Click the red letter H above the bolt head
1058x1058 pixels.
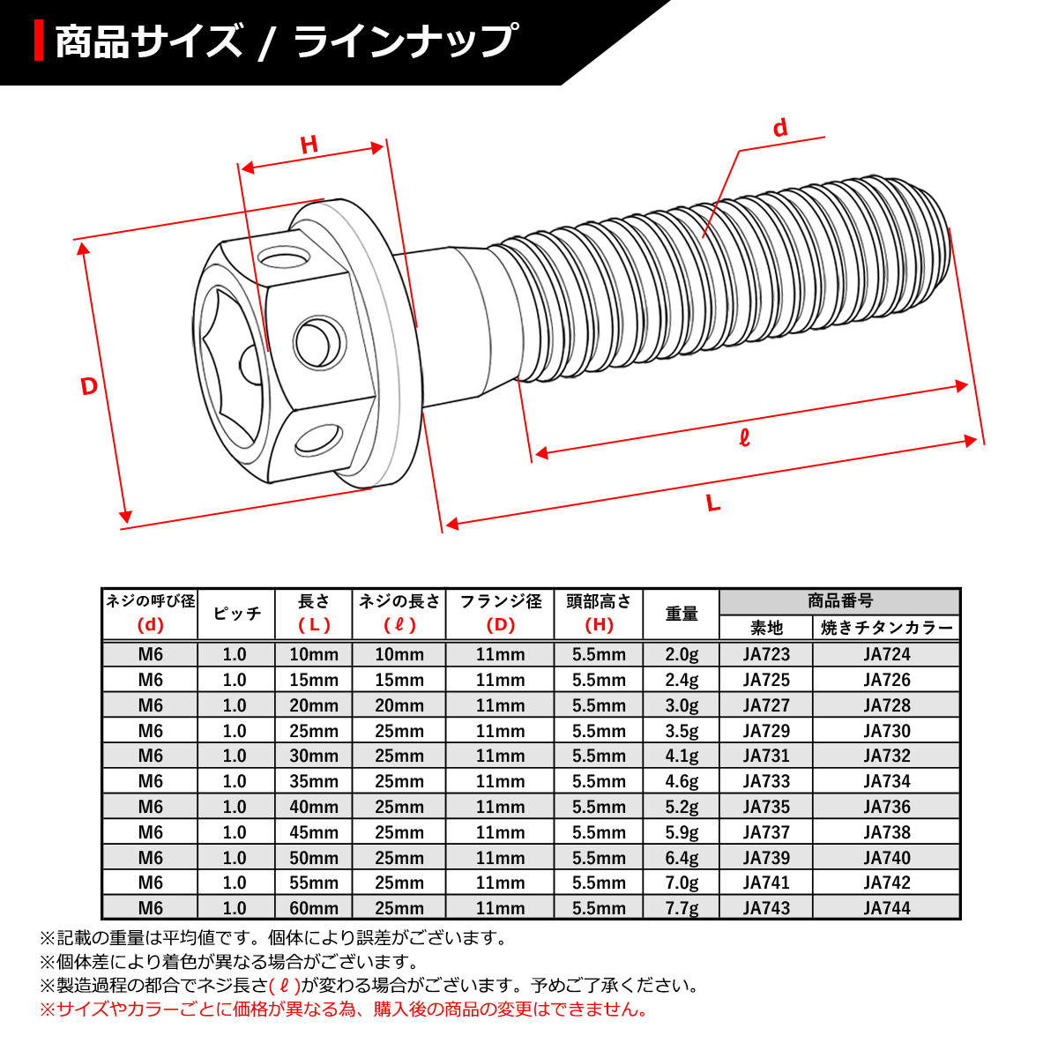[x=309, y=145]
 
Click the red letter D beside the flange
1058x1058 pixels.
[x=88, y=386]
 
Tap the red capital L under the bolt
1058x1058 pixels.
[x=713, y=503]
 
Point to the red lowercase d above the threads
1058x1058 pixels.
[x=779, y=129]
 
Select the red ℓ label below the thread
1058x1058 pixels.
[x=744, y=437]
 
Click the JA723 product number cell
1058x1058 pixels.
[x=765, y=654]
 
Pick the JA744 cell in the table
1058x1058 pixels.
[x=886, y=908]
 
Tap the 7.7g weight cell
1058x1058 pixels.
[x=681, y=908]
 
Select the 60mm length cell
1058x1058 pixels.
[x=313, y=908]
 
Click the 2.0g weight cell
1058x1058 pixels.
[x=681, y=654]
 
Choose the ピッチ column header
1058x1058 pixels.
[x=236, y=614]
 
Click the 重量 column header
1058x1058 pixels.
[x=681, y=614]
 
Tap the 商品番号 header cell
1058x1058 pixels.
[x=839, y=601]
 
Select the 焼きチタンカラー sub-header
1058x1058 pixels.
[x=886, y=628]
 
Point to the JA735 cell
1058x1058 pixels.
[x=765, y=807]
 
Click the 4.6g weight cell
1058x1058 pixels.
[x=681, y=781]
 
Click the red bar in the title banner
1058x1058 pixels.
[x=39, y=41]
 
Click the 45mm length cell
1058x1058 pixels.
[x=313, y=832]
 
